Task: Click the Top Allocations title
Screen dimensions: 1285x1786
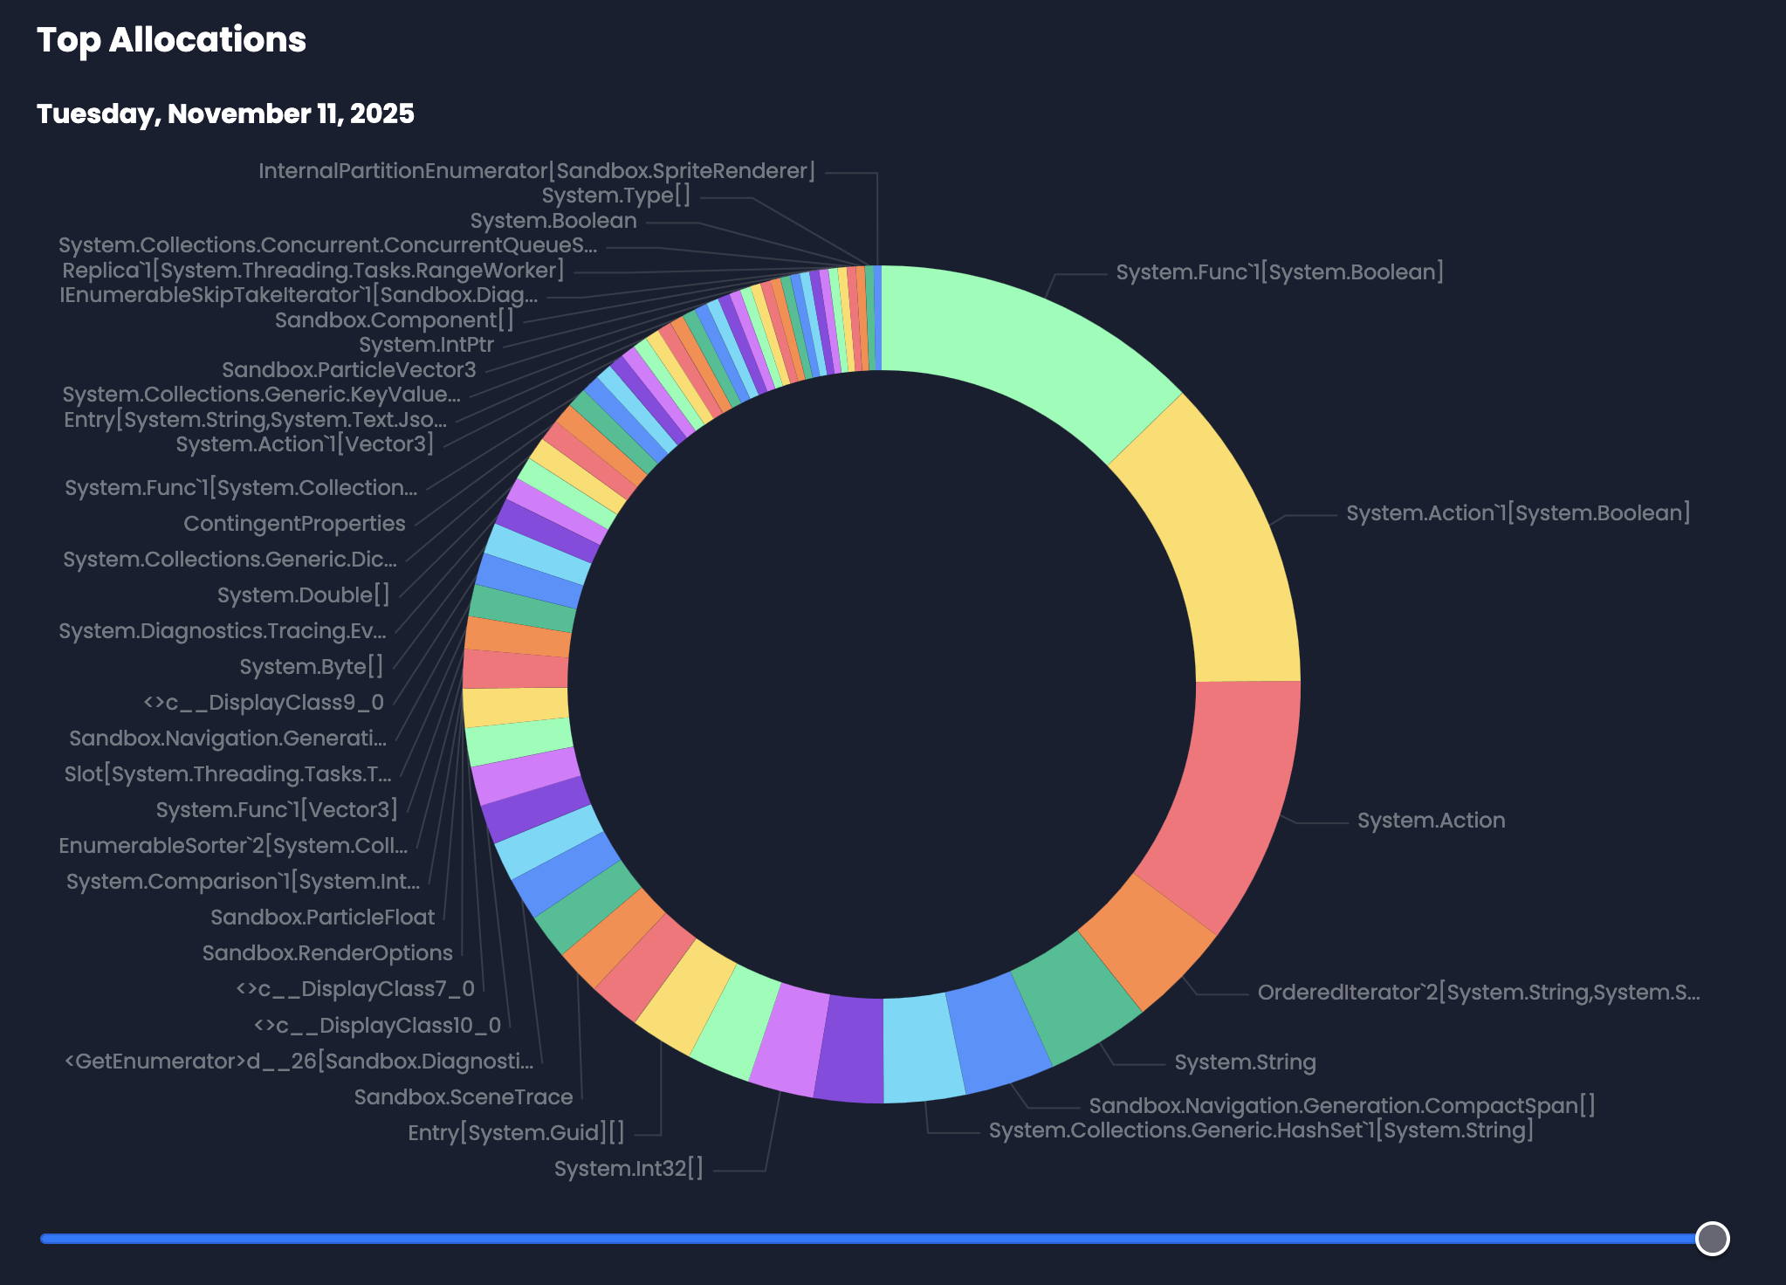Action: pos(171,40)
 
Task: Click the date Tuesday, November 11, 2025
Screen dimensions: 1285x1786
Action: pos(225,113)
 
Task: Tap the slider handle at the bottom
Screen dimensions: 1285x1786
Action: pos(1712,1238)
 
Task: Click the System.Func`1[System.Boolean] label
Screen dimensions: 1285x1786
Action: pos(1279,272)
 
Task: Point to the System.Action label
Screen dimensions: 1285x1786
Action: pos(1431,821)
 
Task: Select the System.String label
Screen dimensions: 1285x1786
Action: pos(1245,1062)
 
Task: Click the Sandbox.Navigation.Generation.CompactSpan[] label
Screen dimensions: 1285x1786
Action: pos(1342,1106)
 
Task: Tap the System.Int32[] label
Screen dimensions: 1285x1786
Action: pos(629,1169)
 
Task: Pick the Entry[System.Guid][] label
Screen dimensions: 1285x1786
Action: pos(516,1133)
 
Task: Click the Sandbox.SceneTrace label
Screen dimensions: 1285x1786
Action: pos(464,1097)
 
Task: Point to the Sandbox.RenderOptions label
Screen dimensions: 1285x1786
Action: pos(327,953)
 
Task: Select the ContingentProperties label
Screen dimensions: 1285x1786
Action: pos(294,524)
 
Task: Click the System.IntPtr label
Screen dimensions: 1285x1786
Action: pos(426,346)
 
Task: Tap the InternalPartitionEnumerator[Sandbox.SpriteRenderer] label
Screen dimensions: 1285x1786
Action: pos(537,171)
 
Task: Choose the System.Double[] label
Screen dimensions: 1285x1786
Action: pos(303,595)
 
